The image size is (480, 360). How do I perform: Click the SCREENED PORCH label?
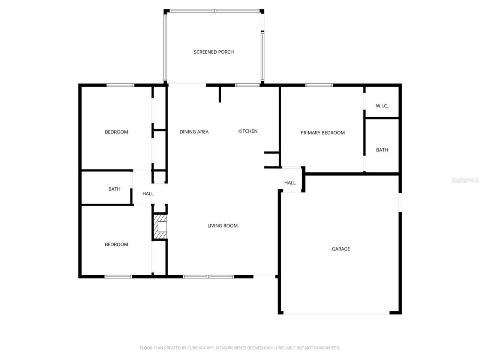pyautogui.click(x=214, y=52)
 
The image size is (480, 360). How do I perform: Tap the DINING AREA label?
pyautogui.click(x=194, y=132)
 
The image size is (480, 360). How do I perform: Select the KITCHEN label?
pyautogui.click(x=248, y=131)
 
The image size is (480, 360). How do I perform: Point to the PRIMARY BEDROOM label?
pyautogui.click(x=322, y=133)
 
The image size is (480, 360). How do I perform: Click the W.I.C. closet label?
pyautogui.click(x=382, y=106)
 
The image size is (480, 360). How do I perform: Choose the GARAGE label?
pyautogui.click(x=341, y=249)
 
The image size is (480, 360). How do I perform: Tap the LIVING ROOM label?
pyautogui.click(x=222, y=226)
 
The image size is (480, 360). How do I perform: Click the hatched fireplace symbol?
pyautogui.click(x=160, y=226)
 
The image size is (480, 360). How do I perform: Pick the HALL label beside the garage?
pyautogui.click(x=290, y=183)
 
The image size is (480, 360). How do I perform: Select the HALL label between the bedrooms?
pyautogui.click(x=148, y=194)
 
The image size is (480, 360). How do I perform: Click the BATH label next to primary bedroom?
pyautogui.click(x=382, y=150)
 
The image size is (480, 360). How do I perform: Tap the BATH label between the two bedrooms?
pyautogui.click(x=114, y=189)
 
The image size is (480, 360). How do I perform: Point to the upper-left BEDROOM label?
pyautogui.click(x=116, y=132)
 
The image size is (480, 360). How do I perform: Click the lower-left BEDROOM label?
pyautogui.click(x=116, y=244)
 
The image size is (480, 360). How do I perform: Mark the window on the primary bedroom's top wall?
pyautogui.click(x=319, y=85)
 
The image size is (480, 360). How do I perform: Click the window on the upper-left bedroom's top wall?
pyautogui.click(x=120, y=85)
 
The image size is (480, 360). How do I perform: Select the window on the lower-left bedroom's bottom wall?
pyautogui.click(x=118, y=277)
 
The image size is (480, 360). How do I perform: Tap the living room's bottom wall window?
pyautogui.click(x=208, y=277)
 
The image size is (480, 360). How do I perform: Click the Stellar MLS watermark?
pyautogui.click(x=465, y=180)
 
